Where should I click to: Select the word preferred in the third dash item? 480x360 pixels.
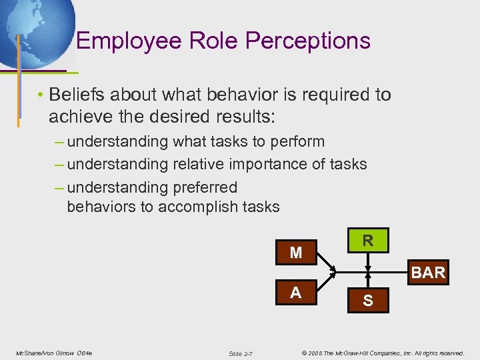click(205, 187)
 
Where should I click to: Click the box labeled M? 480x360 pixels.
click(296, 253)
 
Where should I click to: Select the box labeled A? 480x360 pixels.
click(296, 293)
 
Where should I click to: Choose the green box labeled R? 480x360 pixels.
click(367, 240)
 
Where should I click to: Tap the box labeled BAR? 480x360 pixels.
click(428, 273)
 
